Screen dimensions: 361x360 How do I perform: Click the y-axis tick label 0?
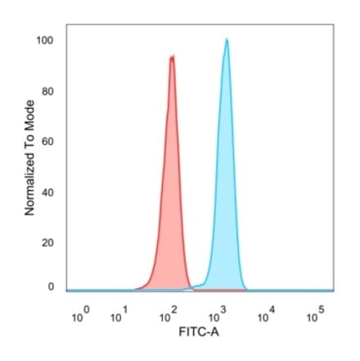tap(50, 287)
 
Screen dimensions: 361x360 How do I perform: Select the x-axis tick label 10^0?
tap(79, 316)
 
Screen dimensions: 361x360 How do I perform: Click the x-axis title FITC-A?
tap(199, 335)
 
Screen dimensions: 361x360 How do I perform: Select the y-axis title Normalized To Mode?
tap(29, 157)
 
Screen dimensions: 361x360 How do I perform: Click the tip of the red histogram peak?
tap(172, 56)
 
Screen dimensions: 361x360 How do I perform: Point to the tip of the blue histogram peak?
tap(227, 38)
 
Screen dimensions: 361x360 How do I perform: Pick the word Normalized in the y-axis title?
tap(29, 186)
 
